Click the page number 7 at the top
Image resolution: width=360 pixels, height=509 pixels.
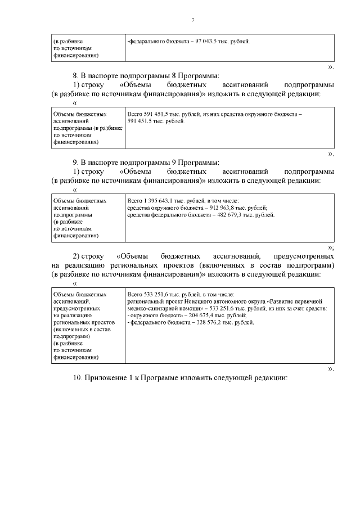point(192,20)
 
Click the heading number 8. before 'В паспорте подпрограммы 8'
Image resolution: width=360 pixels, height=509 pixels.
point(76,76)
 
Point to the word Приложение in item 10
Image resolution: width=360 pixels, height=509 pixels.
point(107,378)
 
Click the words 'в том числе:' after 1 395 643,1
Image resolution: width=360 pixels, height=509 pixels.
point(222,201)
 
